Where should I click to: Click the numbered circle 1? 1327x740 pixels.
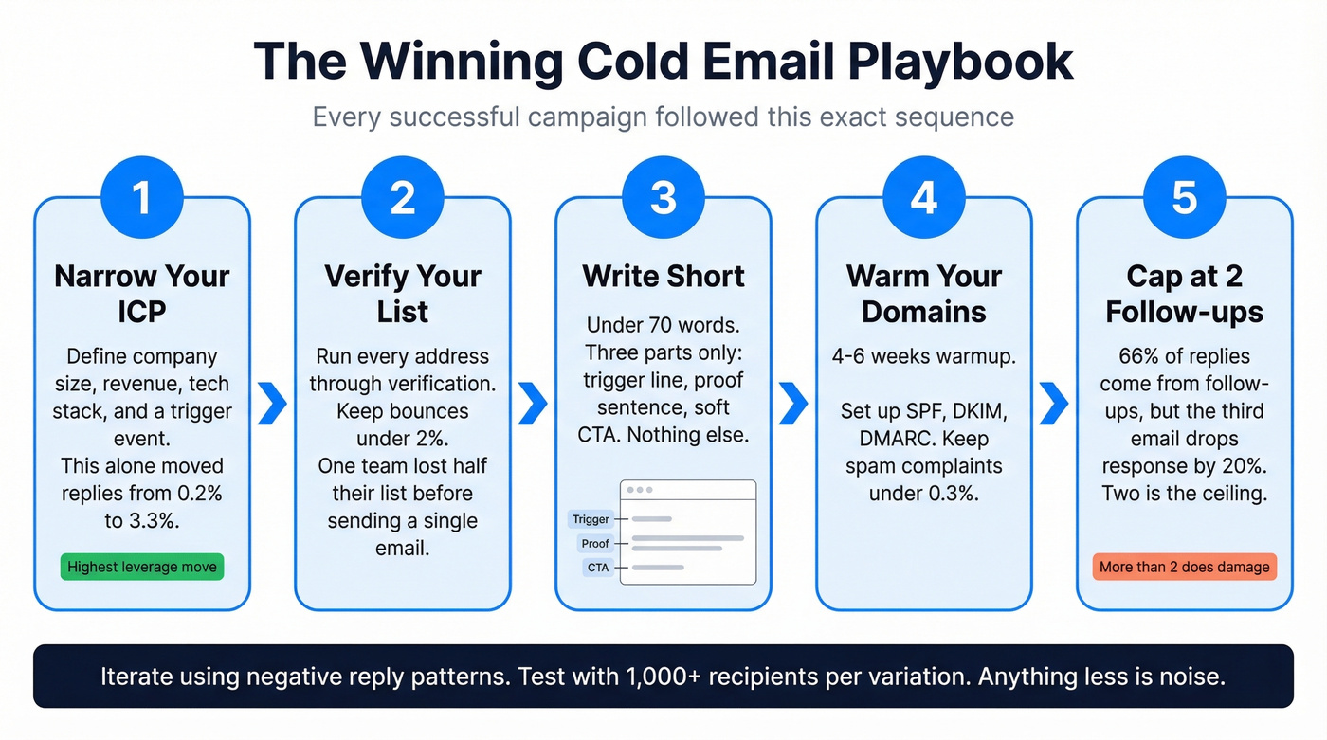click(141, 197)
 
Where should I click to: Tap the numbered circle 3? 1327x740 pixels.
click(663, 197)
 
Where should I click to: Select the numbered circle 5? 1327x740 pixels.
click(1184, 197)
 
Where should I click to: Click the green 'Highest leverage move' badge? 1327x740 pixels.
click(141, 568)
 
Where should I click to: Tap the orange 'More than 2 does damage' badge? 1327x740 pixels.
click(1184, 568)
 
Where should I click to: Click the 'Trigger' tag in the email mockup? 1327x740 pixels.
click(591, 519)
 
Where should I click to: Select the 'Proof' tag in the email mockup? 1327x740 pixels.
click(595, 544)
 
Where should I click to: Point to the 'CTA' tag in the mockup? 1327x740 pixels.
click(598, 568)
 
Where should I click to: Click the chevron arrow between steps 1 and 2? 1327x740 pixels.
click(272, 405)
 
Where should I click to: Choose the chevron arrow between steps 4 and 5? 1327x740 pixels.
click(1054, 405)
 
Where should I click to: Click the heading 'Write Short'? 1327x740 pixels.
click(663, 276)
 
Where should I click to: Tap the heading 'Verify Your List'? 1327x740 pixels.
click(403, 294)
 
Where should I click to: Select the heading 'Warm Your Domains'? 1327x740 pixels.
click(923, 294)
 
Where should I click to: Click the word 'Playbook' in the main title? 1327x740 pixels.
click(960, 61)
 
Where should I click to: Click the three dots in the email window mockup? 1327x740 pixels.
click(639, 490)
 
